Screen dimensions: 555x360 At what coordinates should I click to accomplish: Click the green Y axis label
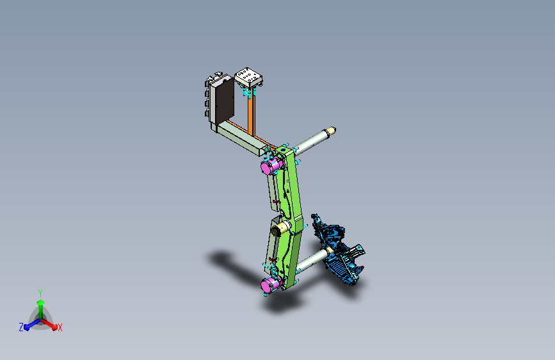tap(40, 293)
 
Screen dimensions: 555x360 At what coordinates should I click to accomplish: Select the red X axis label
tap(60, 328)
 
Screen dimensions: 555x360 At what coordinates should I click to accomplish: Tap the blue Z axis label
tap(21, 327)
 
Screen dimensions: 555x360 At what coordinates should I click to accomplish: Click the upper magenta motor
tap(272, 165)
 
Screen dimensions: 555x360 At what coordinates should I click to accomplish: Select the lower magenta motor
tap(271, 284)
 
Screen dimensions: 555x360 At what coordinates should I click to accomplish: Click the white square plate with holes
tap(248, 78)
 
